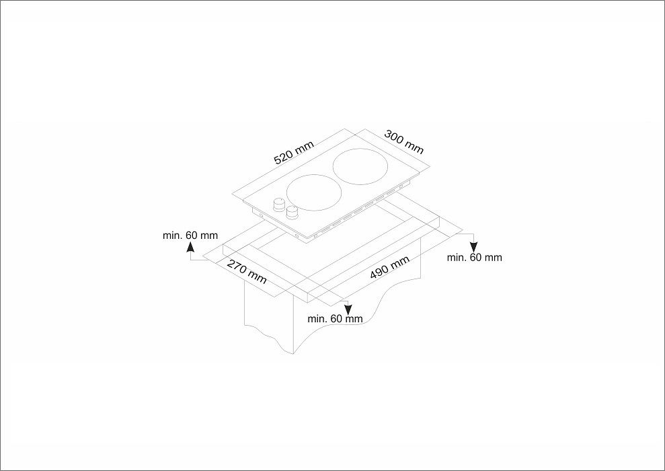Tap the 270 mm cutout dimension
click(x=246, y=271)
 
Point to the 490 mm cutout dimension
click(x=389, y=268)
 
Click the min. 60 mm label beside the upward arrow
click(x=190, y=235)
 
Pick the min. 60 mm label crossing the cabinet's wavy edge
click(x=335, y=318)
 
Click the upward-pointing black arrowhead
click(x=191, y=248)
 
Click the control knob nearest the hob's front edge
click(x=292, y=213)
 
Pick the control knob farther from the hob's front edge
click(x=278, y=204)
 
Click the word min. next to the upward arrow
click(x=173, y=235)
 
